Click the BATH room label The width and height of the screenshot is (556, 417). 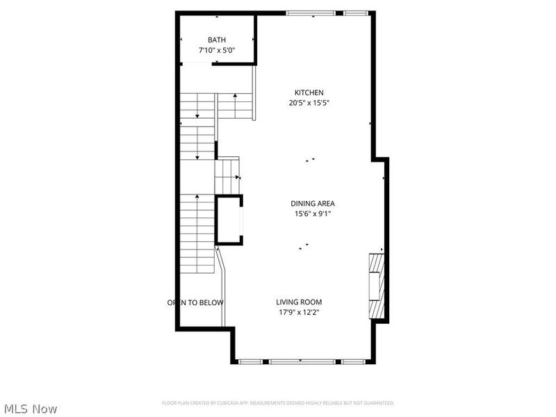click(x=216, y=40)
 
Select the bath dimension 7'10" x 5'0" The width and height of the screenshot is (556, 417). click(x=216, y=51)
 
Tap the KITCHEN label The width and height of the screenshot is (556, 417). click(x=309, y=92)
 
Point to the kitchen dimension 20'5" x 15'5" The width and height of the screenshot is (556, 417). click(x=309, y=103)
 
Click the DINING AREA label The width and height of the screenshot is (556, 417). click(x=313, y=204)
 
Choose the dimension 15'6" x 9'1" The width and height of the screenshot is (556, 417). click(x=313, y=214)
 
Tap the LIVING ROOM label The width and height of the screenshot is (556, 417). click(x=299, y=302)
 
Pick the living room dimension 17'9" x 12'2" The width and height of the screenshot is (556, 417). click(x=299, y=312)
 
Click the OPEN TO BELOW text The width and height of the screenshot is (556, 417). click(x=195, y=302)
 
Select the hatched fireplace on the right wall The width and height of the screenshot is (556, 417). click(x=376, y=285)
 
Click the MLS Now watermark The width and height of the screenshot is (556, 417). click(x=30, y=409)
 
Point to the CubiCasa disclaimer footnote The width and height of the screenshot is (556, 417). click(x=278, y=403)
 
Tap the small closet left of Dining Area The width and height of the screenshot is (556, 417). click(x=229, y=220)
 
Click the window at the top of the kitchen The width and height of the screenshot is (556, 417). click(x=311, y=13)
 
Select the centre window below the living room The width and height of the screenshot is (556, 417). click(x=300, y=361)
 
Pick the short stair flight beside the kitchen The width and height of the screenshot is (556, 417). click(x=234, y=106)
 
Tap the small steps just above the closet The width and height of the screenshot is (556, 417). click(x=227, y=177)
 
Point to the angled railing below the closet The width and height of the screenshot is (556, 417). click(x=222, y=285)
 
